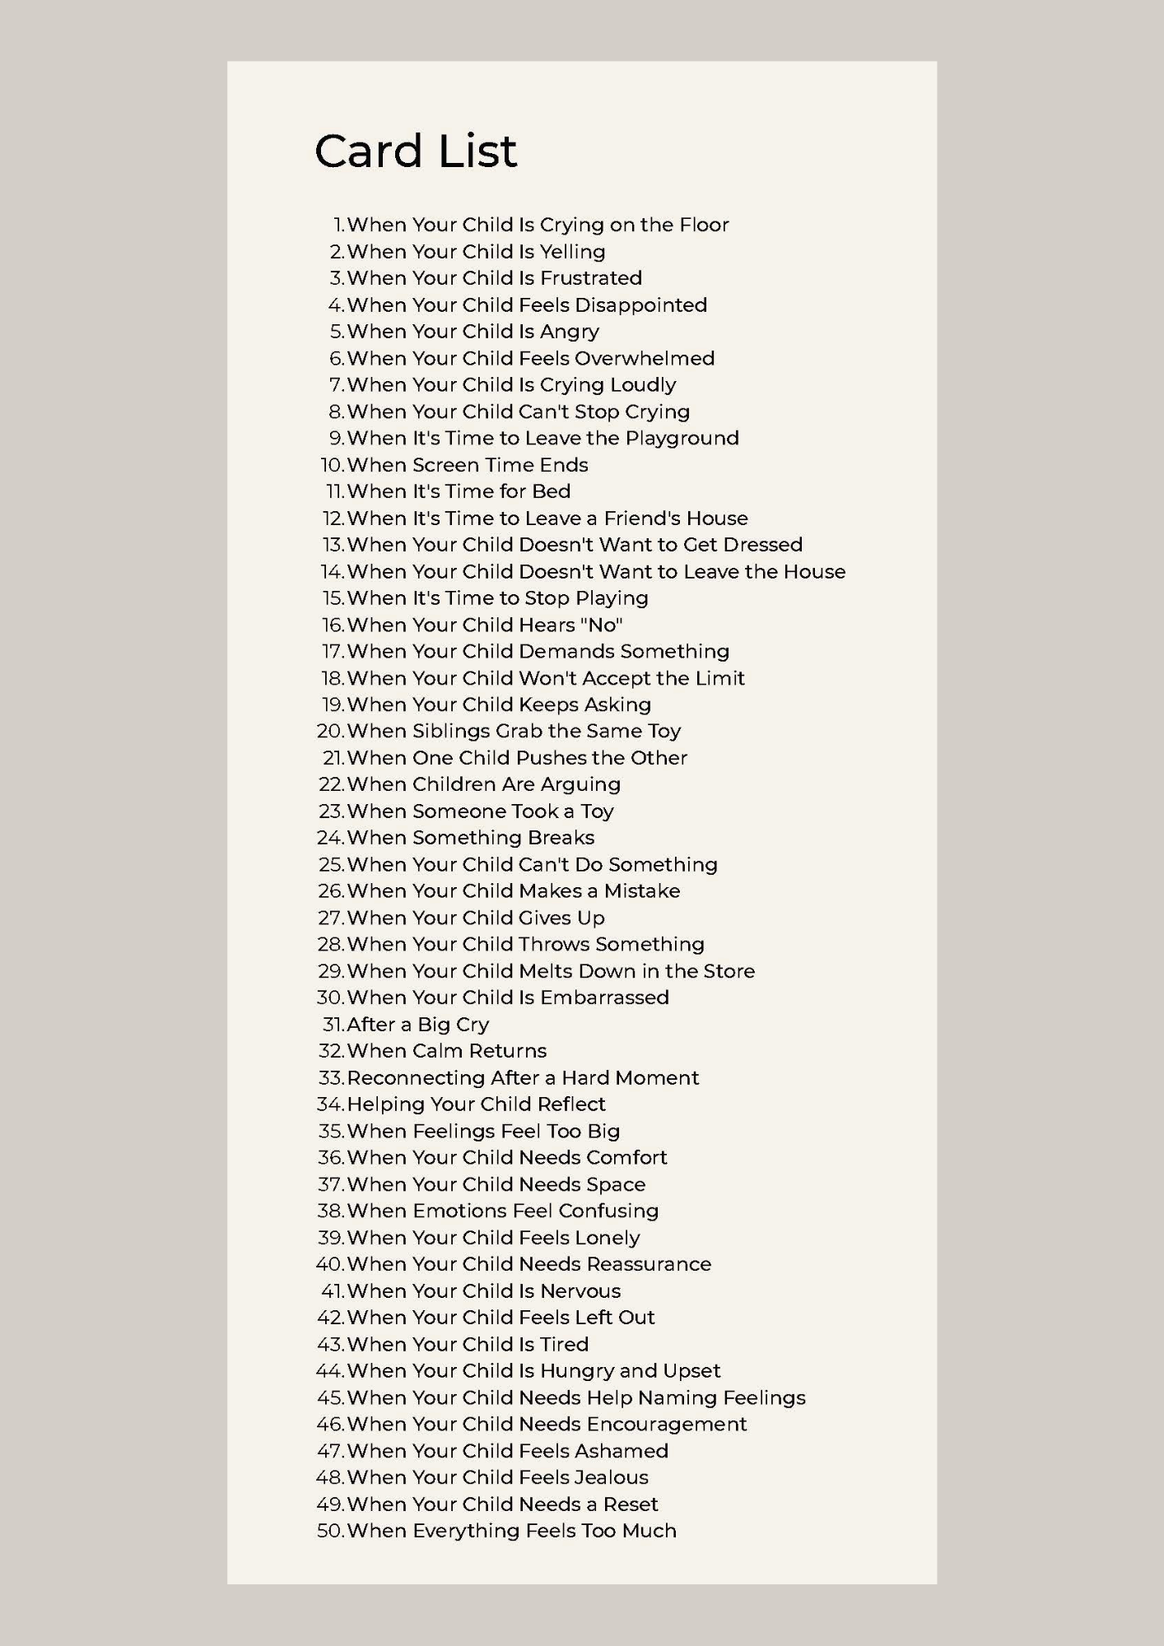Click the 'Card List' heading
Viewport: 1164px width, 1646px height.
[x=416, y=151]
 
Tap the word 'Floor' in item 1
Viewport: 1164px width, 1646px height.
[x=704, y=225]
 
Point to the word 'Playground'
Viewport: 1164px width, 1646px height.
[x=682, y=439]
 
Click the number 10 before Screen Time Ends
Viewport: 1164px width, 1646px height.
[x=332, y=465]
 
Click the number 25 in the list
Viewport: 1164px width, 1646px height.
[x=331, y=864]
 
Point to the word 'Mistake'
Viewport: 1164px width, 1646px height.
[x=642, y=891]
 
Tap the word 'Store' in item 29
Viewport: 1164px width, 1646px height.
[x=728, y=971]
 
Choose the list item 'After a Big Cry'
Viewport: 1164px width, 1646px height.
[x=417, y=1025]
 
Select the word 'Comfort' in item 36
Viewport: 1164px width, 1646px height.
[x=626, y=1158]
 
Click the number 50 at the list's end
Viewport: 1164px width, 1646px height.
[x=330, y=1531]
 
